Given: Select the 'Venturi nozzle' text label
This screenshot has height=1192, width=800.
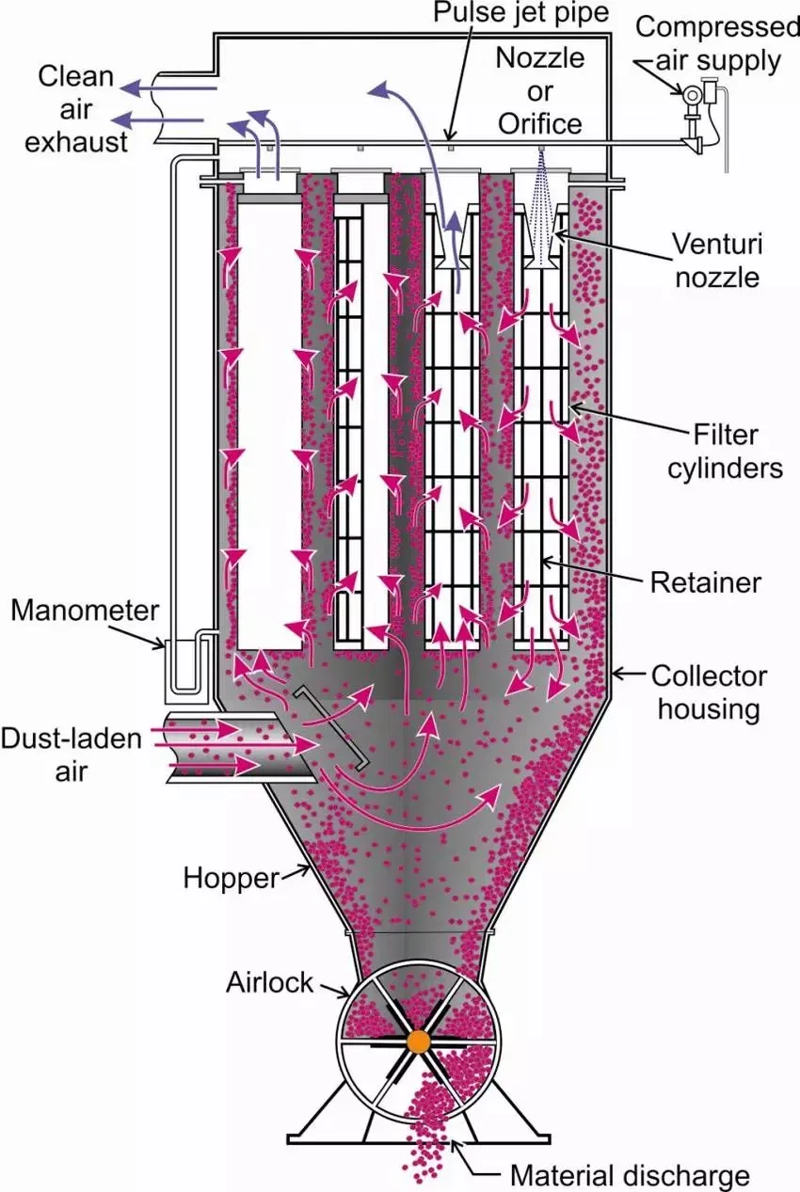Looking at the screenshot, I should click(x=715, y=260).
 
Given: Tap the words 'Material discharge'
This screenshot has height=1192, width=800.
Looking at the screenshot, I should click(x=630, y=1174).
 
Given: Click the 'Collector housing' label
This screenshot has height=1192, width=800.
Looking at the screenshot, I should click(x=710, y=691).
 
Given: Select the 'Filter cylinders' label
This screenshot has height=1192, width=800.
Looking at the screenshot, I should click(x=725, y=452).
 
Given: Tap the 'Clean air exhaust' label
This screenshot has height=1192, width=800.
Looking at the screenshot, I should click(x=76, y=108).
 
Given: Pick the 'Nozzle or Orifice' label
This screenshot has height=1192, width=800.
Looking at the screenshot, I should click(x=539, y=90).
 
